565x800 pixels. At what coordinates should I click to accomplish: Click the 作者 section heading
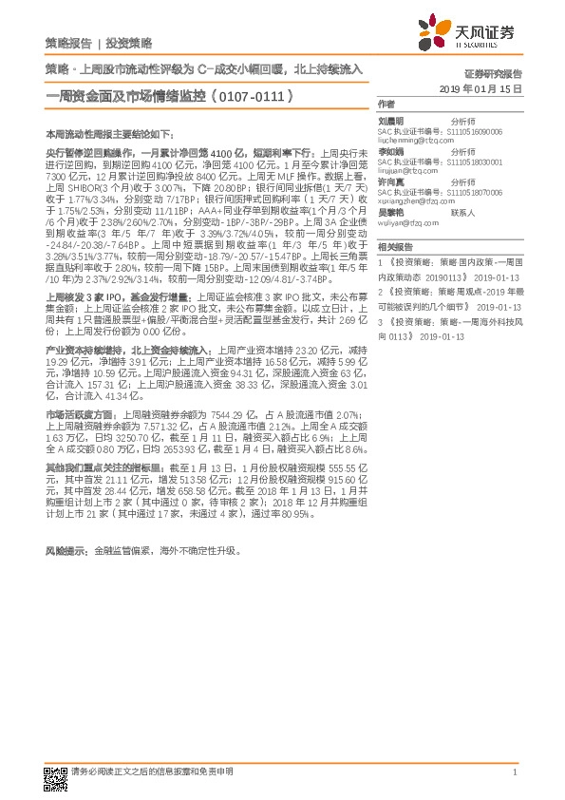point(386,105)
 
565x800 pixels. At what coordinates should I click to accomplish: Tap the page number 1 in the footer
point(514,772)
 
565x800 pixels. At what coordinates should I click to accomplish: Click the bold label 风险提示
point(67,550)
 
